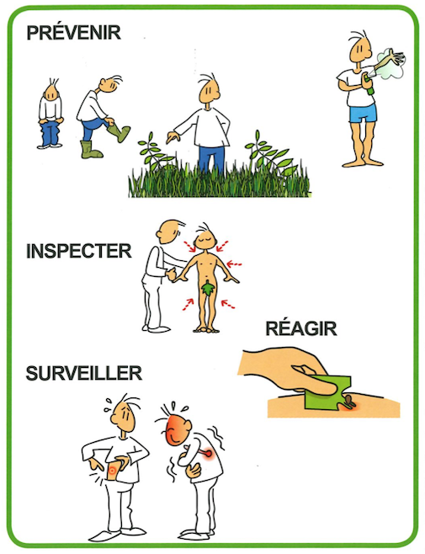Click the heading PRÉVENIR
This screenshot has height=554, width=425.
pos(74,33)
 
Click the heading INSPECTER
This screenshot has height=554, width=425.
pos(79,251)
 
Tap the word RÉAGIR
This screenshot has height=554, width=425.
pos(301,328)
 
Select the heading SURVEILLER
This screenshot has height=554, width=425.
pos(84,373)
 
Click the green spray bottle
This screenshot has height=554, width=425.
pos(370,85)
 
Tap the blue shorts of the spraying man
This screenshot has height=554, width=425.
pos(363,113)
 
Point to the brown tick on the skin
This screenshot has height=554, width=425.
pos(349,400)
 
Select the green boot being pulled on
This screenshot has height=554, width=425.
pos(120,132)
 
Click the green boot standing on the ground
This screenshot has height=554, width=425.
pos(90,150)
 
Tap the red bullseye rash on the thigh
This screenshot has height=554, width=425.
pos(113,470)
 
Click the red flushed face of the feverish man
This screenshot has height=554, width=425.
pos(178,429)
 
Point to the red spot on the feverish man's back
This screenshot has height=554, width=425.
pos(208,453)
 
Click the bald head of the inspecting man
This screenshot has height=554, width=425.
pos(169,232)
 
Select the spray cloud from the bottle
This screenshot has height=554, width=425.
pos(391,64)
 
